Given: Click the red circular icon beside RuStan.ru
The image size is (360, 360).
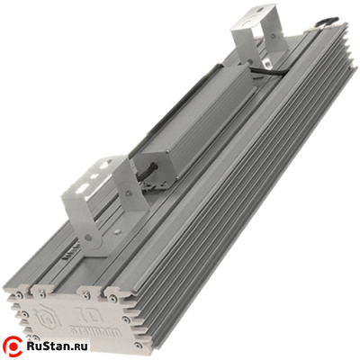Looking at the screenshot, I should tap(15, 346).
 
